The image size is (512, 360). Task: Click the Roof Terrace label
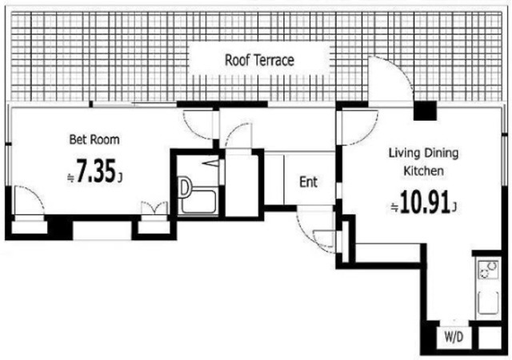point(259,60)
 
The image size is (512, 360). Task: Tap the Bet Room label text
point(94,139)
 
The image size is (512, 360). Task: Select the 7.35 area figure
point(96,171)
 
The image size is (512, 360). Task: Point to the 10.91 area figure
point(424,202)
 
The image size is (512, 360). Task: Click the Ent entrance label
point(308,182)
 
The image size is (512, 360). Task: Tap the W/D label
point(454,337)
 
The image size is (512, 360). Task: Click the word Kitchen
point(423,171)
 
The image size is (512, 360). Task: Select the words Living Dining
point(423,154)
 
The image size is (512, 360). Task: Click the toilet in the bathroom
point(185,187)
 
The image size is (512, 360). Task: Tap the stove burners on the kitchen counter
point(489,269)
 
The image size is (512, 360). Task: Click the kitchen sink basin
point(488,303)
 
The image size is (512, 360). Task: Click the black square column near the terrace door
point(425,110)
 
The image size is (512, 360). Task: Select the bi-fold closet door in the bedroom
point(154,208)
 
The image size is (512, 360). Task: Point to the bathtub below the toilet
point(198,202)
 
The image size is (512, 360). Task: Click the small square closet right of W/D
point(490,338)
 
